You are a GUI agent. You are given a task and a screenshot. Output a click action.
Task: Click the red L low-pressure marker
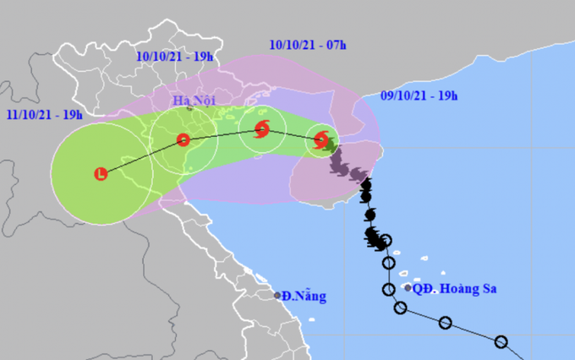(101, 175)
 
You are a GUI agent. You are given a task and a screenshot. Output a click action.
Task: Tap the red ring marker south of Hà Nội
(183, 140)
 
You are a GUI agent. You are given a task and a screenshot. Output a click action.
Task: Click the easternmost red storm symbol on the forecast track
(321, 140)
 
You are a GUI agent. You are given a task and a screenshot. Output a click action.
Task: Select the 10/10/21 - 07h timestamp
(308, 43)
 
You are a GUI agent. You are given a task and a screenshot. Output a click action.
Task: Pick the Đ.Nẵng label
(304, 297)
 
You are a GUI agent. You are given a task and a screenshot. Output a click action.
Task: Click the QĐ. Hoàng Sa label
(455, 289)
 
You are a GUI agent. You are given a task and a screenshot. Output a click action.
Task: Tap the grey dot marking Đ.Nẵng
(278, 296)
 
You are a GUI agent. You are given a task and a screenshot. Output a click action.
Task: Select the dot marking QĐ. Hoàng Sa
(408, 288)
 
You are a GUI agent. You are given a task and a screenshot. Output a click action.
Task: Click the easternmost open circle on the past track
(501, 342)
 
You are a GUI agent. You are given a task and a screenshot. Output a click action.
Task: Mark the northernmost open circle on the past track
(386, 241)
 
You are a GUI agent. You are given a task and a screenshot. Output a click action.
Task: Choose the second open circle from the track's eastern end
(446, 323)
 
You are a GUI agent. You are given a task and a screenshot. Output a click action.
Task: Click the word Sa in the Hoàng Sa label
(487, 289)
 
